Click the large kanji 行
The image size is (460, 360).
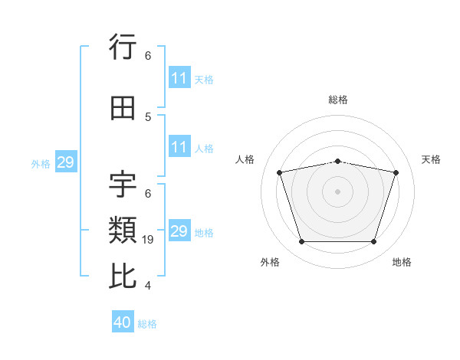123,47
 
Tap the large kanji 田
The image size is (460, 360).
123,108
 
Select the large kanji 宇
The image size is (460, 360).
123,185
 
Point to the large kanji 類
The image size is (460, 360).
123,230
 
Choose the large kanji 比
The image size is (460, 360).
123,276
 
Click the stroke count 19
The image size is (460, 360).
147,240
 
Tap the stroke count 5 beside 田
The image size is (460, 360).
148,117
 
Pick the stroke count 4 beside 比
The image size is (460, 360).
148,286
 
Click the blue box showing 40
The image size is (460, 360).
123,321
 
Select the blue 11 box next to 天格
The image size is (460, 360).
179,77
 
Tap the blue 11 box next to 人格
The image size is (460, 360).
179,146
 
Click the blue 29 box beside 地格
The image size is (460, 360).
179,230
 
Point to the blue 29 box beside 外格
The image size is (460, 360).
66,162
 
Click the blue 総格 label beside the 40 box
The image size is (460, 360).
147,324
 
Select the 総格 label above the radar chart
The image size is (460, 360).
338,100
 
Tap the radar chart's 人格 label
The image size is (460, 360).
245,159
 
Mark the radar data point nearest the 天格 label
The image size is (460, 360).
396,172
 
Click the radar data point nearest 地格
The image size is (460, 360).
373,242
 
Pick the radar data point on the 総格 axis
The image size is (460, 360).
337,162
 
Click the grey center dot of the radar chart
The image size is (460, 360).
337,191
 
